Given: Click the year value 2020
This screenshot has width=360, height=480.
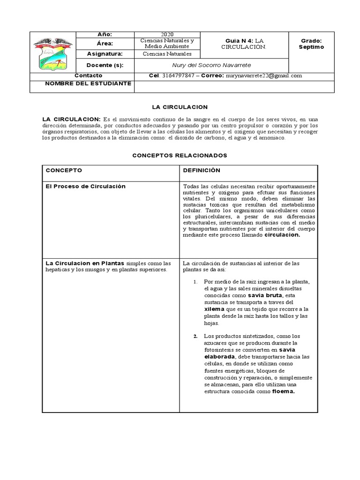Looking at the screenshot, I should [x=167, y=35].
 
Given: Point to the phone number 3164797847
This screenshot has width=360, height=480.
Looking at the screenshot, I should [x=178, y=75].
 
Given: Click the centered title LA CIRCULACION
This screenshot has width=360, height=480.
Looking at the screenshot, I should [x=180, y=107].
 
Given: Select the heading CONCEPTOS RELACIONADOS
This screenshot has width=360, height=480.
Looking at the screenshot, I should [x=180, y=155].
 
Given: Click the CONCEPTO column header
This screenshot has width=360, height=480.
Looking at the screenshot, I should [x=64, y=170].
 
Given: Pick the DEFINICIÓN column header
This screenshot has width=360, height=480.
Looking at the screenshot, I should [x=202, y=170].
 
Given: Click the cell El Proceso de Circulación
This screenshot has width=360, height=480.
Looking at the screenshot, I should [x=86, y=186].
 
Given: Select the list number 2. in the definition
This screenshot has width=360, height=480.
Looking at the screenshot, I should [x=195, y=336].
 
